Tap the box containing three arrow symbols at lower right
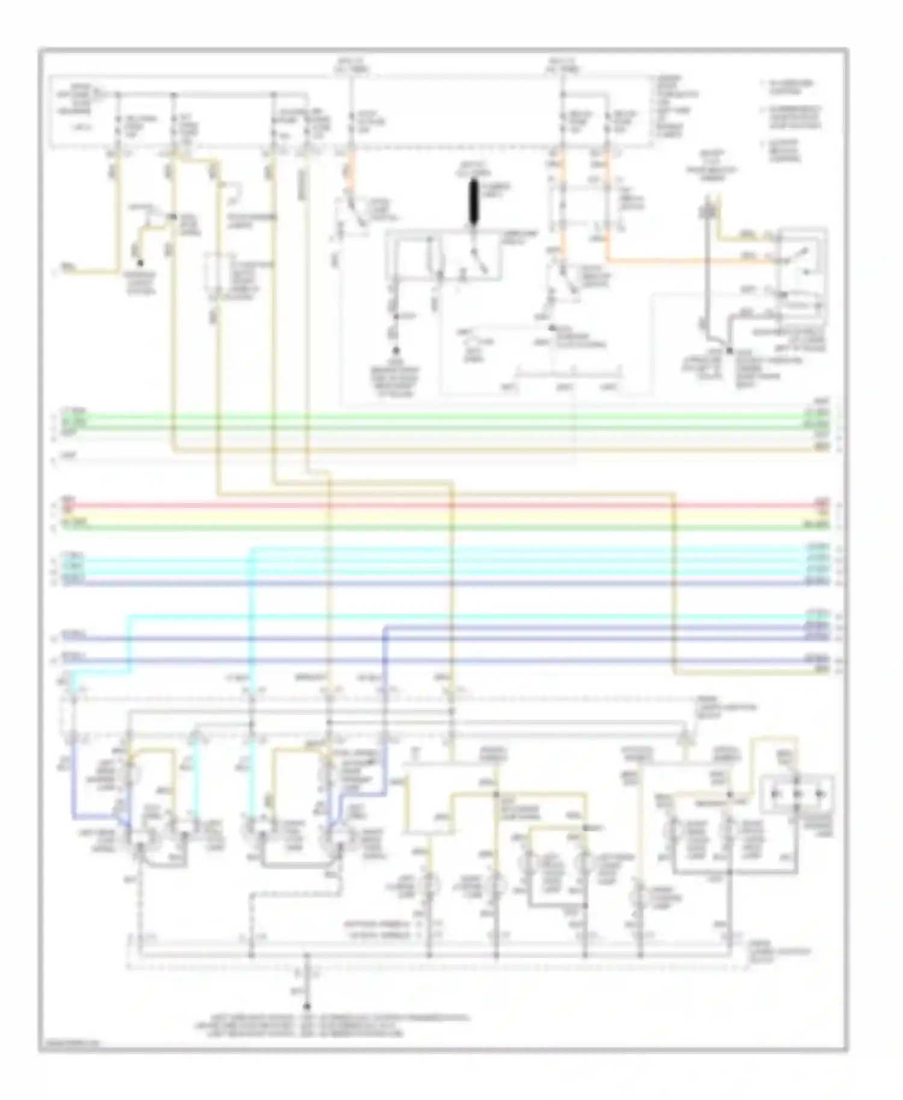click(798, 794)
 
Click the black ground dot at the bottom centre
click(307, 1007)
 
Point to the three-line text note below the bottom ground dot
click(331, 1025)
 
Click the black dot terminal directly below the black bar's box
click(396, 349)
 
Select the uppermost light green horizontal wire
click(421, 414)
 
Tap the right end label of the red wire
click(822, 501)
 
